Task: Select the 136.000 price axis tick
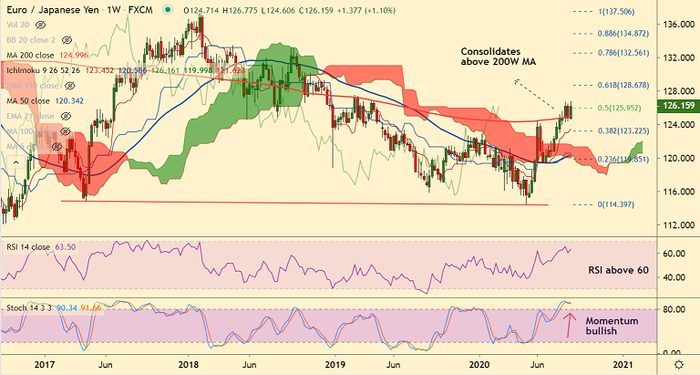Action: tap(675, 25)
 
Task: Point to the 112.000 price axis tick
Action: tap(675, 224)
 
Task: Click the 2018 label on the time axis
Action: tap(189, 363)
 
